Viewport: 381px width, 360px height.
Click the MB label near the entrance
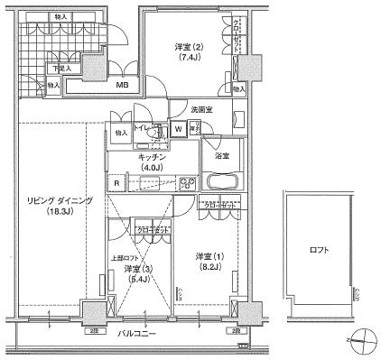122,87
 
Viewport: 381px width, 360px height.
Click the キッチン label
152,154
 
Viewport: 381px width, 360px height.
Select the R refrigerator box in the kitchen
116,183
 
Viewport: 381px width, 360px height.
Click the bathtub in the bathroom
222,181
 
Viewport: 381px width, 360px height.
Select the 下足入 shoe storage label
60,68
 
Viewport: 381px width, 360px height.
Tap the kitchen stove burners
188,183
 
